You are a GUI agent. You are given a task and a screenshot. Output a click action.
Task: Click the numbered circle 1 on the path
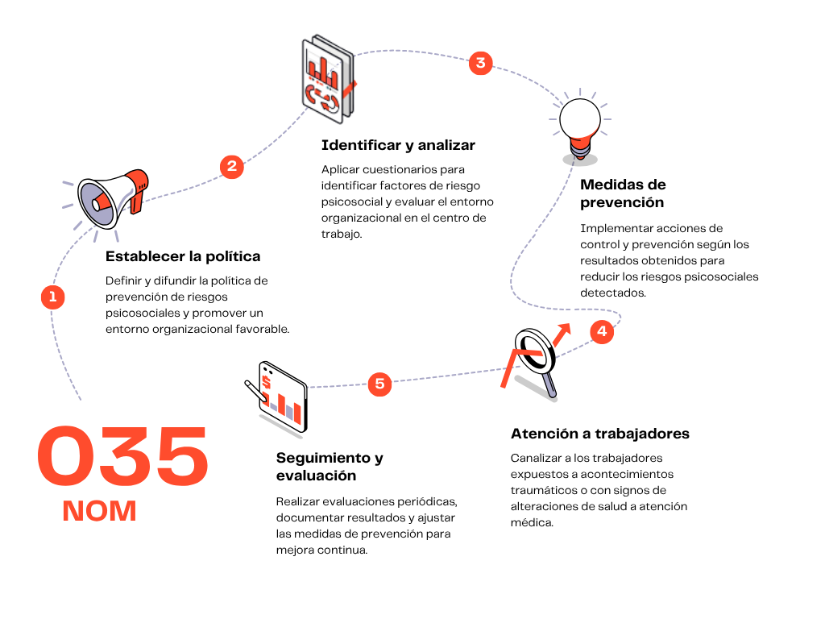point(52,297)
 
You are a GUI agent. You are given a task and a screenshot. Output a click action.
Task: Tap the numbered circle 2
point(231,167)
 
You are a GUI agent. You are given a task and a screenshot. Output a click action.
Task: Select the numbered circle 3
point(480,63)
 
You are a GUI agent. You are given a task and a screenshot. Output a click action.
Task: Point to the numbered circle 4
point(602,331)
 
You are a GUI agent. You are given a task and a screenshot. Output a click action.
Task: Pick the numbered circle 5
point(380,384)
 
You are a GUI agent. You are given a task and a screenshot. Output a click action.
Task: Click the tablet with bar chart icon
point(277,398)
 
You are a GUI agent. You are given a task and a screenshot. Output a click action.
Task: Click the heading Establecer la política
point(183,256)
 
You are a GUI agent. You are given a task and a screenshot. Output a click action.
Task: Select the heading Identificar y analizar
point(398,145)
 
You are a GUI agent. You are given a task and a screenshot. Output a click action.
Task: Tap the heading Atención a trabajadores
point(600,434)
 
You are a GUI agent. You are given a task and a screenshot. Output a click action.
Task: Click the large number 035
point(123,456)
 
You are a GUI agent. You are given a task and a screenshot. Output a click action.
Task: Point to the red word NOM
point(99,511)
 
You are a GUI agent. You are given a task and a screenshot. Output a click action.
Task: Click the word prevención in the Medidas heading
point(622,203)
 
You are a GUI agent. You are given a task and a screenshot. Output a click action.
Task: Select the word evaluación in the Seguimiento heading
point(316,476)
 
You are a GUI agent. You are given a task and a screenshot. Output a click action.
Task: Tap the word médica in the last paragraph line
point(532,522)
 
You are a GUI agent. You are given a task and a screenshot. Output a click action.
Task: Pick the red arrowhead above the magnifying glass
point(564,329)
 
